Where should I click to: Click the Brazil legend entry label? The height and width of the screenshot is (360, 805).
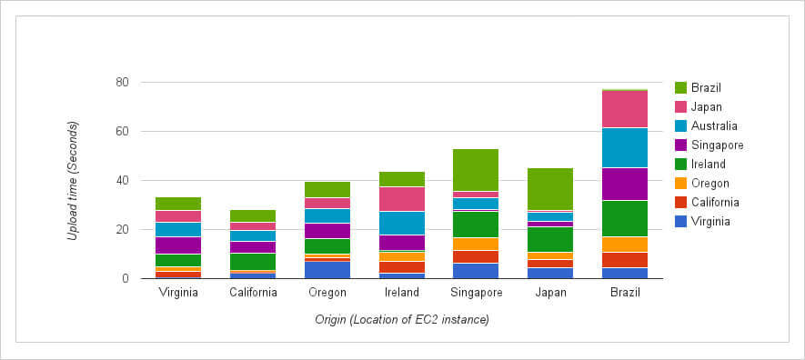pyautogui.click(x=706, y=88)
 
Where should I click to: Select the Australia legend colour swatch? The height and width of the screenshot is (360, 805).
pyautogui.click(x=680, y=126)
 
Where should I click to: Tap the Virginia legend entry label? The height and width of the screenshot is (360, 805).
pyautogui.click(x=710, y=222)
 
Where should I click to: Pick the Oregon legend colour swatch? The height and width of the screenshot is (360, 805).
pyautogui.click(x=680, y=184)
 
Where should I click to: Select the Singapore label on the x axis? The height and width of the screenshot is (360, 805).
pyautogui.click(x=476, y=293)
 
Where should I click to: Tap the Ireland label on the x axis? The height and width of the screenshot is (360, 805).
pyautogui.click(x=402, y=293)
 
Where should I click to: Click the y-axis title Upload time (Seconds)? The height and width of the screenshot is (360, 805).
pyautogui.click(x=74, y=181)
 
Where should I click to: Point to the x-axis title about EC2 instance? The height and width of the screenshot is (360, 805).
pyautogui.click(x=402, y=320)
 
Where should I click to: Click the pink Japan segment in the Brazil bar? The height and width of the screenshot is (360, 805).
pyautogui.click(x=625, y=109)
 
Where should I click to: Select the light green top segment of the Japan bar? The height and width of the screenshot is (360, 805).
pyautogui.click(x=550, y=189)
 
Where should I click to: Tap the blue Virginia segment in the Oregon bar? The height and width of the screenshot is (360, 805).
pyautogui.click(x=327, y=270)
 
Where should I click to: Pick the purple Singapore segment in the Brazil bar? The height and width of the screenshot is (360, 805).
pyautogui.click(x=625, y=185)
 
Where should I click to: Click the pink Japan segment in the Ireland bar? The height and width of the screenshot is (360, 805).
pyautogui.click(x=402, y=199)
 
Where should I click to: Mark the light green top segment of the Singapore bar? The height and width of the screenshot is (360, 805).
pyautogui.click(x=476, y=170)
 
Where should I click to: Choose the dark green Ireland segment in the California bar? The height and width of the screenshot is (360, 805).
pyautogui.click(x=253, y=262)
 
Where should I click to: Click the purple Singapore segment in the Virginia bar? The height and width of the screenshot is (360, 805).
pyautogui.click(x=178, y=245)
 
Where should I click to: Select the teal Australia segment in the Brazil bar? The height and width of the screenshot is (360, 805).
pyautogui.click(x=625, y=147)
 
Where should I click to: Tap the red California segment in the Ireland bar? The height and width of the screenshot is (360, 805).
pyautogui.click(x=402, y=267)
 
